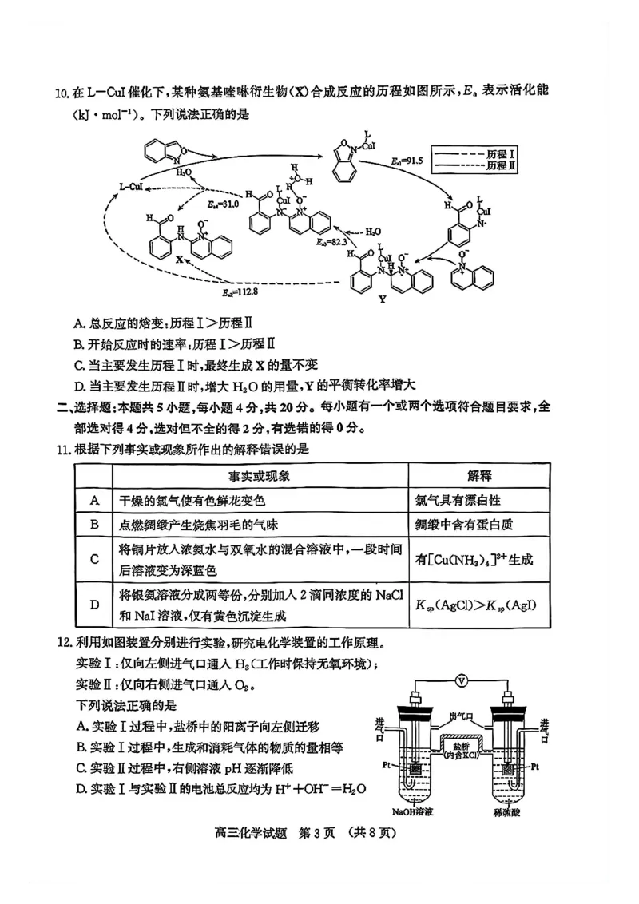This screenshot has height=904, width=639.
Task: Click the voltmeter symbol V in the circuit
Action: pos(461,680)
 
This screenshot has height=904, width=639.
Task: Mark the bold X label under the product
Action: pos(179,260)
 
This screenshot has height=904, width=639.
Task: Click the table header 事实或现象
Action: pos(260,476)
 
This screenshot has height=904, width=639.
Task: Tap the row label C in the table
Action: pos(94,560)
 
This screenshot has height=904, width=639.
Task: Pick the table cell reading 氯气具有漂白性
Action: pos(458,501)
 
